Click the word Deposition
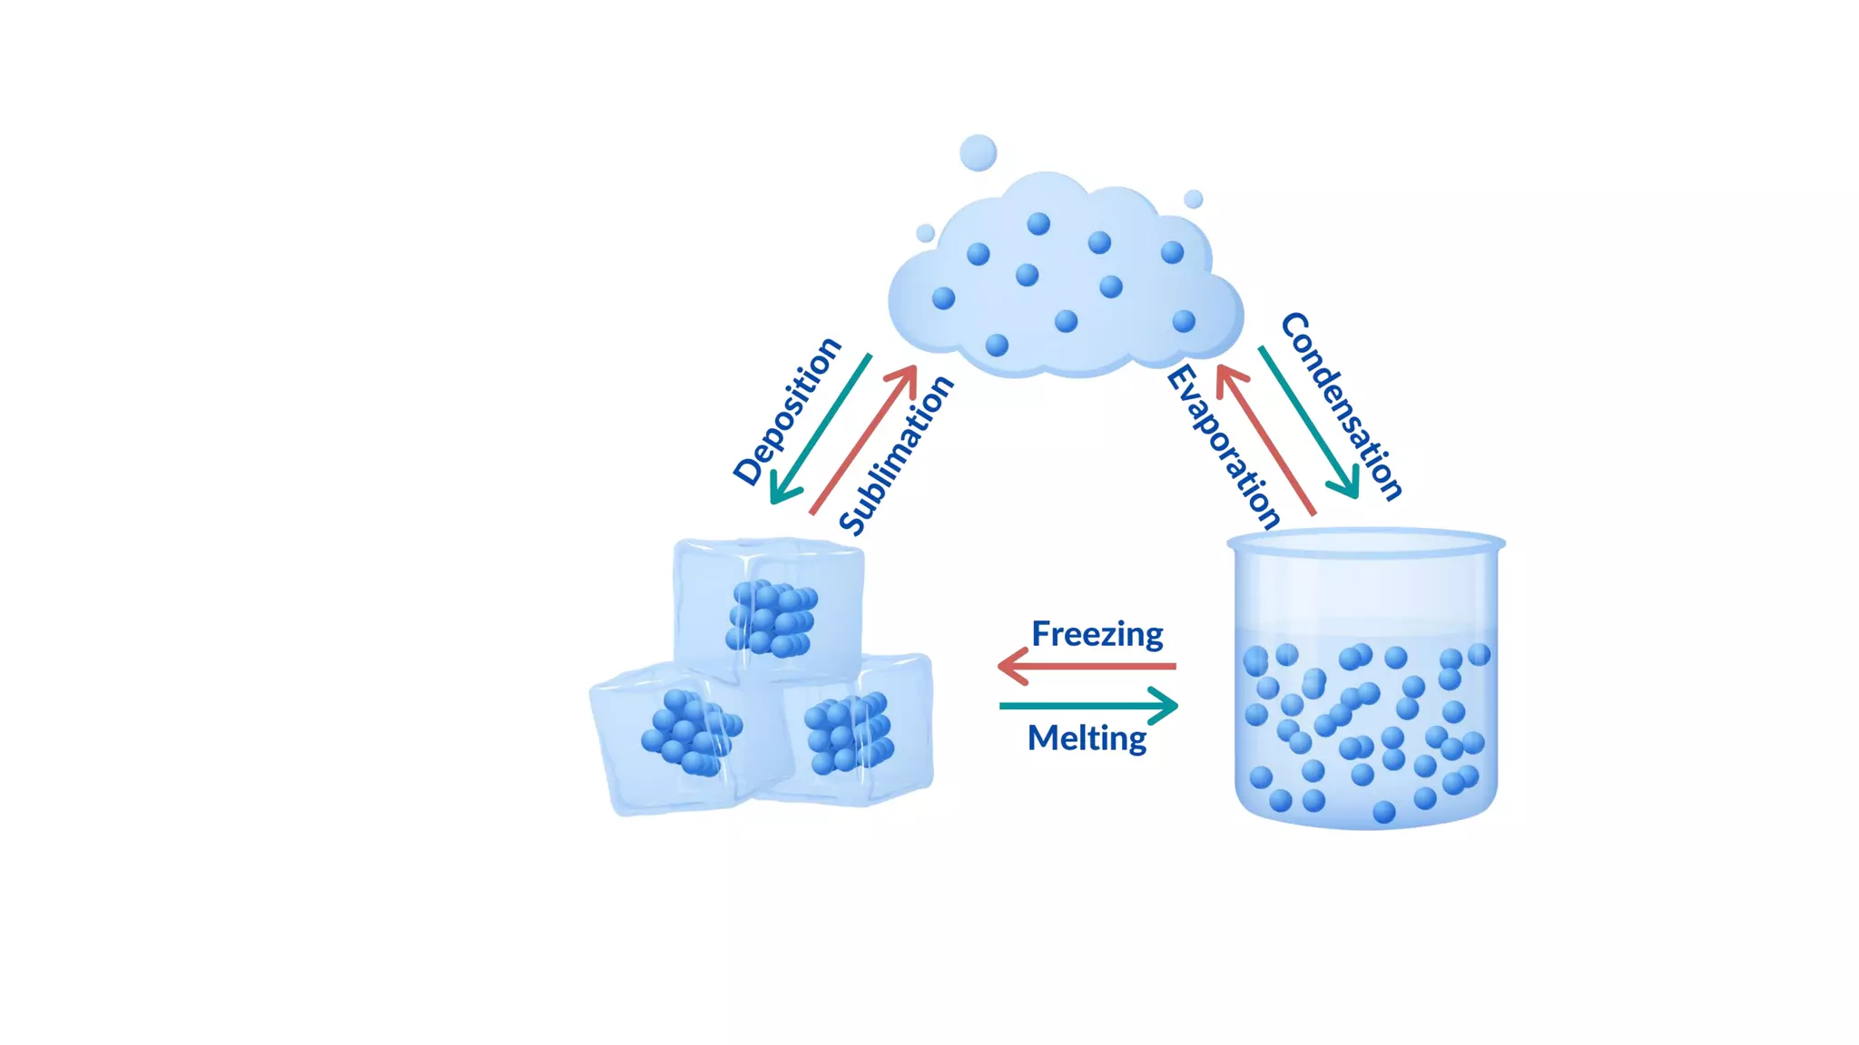click(x=787, y=410)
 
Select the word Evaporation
click(x=1223, y=446)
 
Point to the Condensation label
click(x=1342, y=405)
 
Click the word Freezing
click(x=1097, y=633)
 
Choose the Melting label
click(x=1087, y=737)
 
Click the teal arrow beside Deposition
click(x=819, y=429)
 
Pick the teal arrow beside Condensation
click(x=1309, y=423)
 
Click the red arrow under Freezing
click(x=1087, y=667)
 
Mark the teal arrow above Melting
click(x=1088, y=705)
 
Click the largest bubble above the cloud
click(x=978, y=152)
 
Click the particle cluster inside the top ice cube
click(x=772, y=619)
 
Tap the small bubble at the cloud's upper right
click(x=1194, y=199)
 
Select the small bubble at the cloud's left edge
click(x=925, y=233)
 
